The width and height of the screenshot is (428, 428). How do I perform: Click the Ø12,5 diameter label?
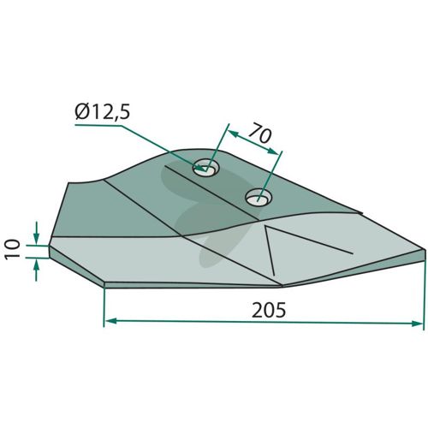point(103,112)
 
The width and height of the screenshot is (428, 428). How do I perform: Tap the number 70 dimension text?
point(260,134)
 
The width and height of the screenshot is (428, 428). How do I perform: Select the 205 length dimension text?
point(269,310)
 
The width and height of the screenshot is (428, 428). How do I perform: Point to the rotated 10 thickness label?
point(13,249)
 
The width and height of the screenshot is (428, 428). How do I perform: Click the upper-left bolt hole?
point(206,168)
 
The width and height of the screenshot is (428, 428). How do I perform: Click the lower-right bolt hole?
point(259,197)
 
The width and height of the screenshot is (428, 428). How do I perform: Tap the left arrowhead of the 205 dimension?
point(110,321)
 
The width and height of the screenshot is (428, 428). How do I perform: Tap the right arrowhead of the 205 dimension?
point(417,324)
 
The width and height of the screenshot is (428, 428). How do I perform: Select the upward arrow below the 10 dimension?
point(36,270)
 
